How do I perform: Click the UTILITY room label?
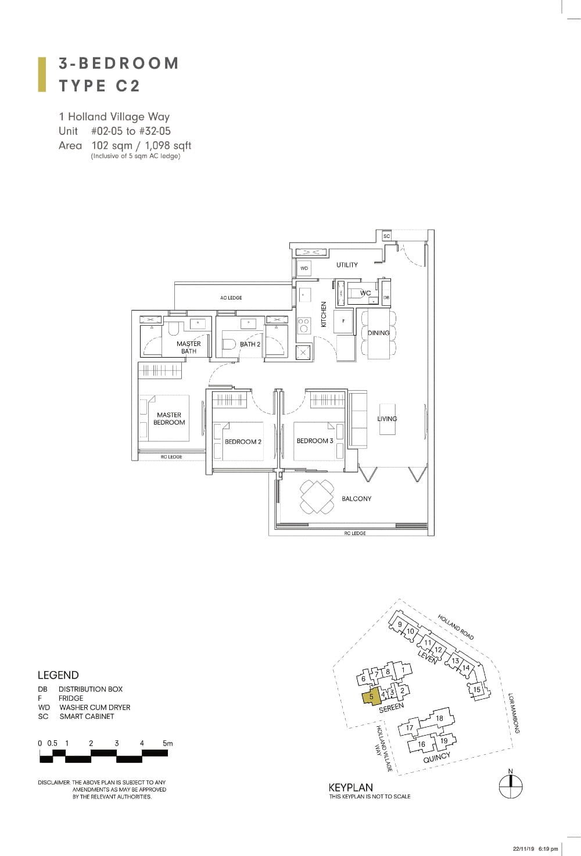[x=347, y=265]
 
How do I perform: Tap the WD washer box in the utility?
[x=304, y=268]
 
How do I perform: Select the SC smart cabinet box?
[x=386, y=236]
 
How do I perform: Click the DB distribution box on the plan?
[x=386, y=298]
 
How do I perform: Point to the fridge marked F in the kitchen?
[x=343, y=320]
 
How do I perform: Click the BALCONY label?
[x=356, y=499]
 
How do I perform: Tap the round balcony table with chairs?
[x=317, y=497]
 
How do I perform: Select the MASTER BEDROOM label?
[x=169, y=419]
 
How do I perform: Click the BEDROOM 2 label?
[x=243, y=442]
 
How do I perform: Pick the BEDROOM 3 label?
[x=315, y=441]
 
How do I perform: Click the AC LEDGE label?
[x=231, y=298]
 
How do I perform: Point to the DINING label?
[x=379, y=333]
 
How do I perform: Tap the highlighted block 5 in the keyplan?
[x=371, y=696]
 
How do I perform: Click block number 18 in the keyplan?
[x=439, y=718]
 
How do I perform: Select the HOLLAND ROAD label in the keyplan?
[x=456, y=627]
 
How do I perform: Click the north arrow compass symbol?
[x=511, y=787]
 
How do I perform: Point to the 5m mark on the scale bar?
[x=167, y=743]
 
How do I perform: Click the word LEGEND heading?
[x=58, y=675]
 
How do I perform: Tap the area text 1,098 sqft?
[x=169, y=146]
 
